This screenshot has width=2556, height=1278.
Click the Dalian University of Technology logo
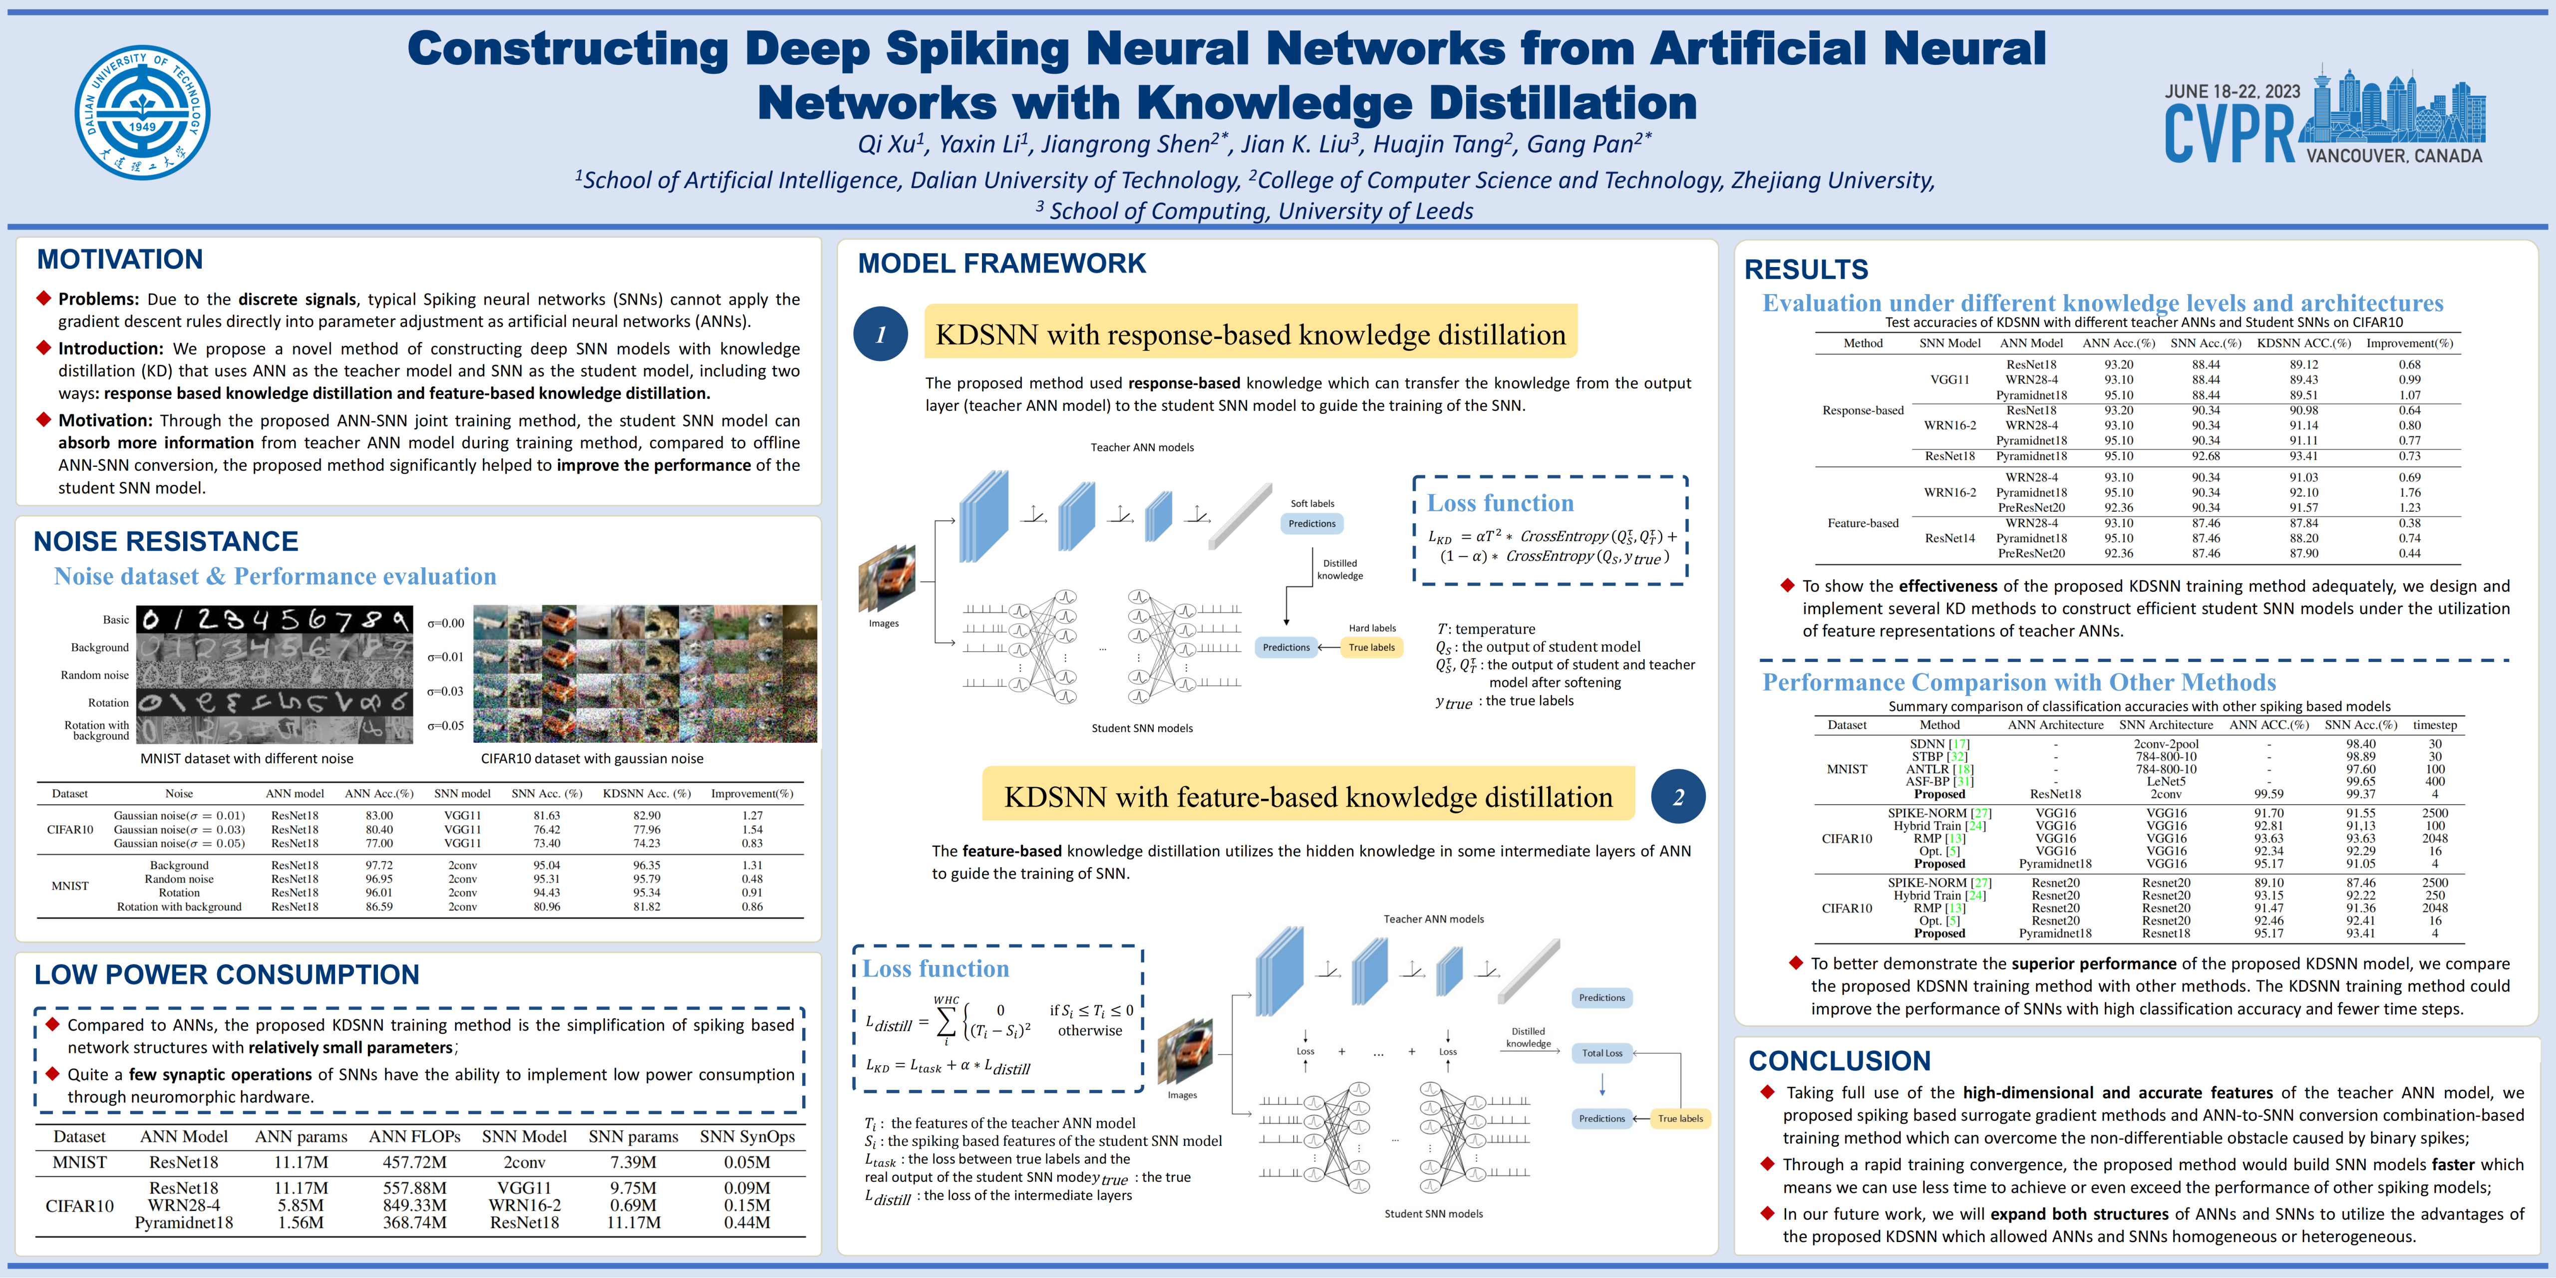143,112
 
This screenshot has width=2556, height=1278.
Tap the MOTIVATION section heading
120,260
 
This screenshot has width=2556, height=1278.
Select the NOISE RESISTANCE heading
166,542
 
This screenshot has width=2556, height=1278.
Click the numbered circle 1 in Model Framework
880,334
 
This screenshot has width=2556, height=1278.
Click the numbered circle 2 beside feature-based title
1678,797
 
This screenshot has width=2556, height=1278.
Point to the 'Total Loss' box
1601,1053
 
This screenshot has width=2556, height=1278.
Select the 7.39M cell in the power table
633,1162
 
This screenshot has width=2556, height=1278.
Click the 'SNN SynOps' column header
747,1136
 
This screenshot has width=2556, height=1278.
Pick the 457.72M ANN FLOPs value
415,1162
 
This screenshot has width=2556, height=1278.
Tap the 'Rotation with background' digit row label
97,730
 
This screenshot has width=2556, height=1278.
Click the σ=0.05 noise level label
445,725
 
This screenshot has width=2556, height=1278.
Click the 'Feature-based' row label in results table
1863,523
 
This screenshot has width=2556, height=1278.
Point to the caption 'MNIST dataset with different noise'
246,759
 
